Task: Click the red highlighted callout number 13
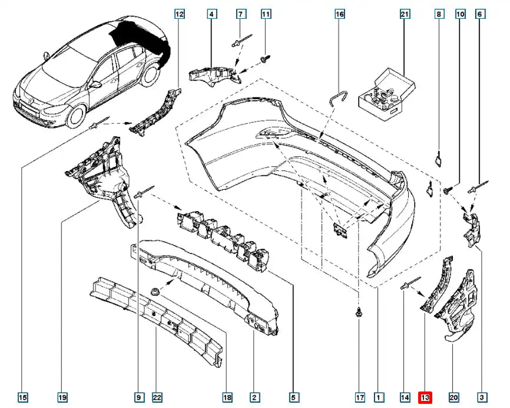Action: click(x=425, y=397)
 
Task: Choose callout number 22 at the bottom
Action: click(x=157, y=397)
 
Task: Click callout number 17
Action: click(x=360, y=397)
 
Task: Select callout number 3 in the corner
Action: click(x=482, y=397)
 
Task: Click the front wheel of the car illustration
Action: click(x=77, y=115)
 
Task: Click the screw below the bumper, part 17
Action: click(x=359, y=313)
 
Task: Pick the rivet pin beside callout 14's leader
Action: click(x=408, y=285)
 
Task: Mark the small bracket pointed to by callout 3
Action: click(x=472, y=226)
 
